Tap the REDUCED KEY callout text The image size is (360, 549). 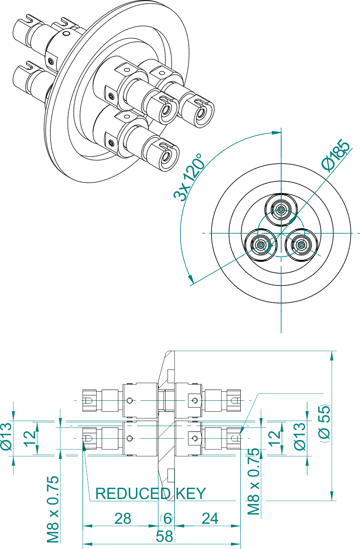pos(151,494)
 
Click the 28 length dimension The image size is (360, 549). pos(122,518)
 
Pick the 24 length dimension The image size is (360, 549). pos(210,518)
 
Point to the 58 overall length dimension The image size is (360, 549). pos(165,536)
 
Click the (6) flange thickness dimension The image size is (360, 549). pos(167,518)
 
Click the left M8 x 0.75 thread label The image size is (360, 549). pos(53,509)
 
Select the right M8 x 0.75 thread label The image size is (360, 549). pos(255,482)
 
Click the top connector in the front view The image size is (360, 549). pos(281,209)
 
